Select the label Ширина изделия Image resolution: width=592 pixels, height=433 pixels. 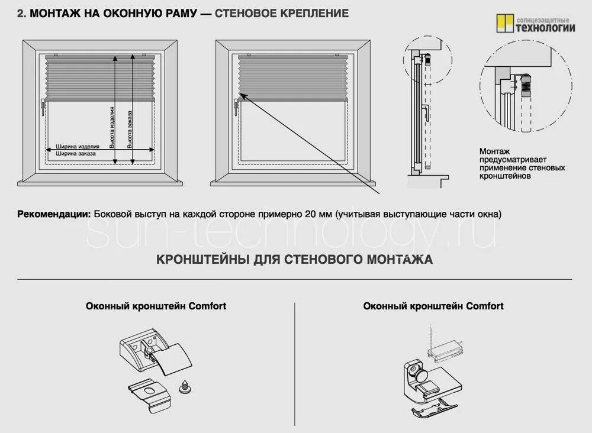point(78,146)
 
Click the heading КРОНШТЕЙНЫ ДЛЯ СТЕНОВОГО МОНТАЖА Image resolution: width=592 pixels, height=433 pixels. point(294,259)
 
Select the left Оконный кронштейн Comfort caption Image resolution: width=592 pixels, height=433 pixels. point(156,306)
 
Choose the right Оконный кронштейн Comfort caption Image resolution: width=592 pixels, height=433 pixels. point(433,306)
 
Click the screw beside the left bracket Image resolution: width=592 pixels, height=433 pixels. point(185,388)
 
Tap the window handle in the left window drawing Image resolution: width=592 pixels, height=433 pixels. point(43,105)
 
